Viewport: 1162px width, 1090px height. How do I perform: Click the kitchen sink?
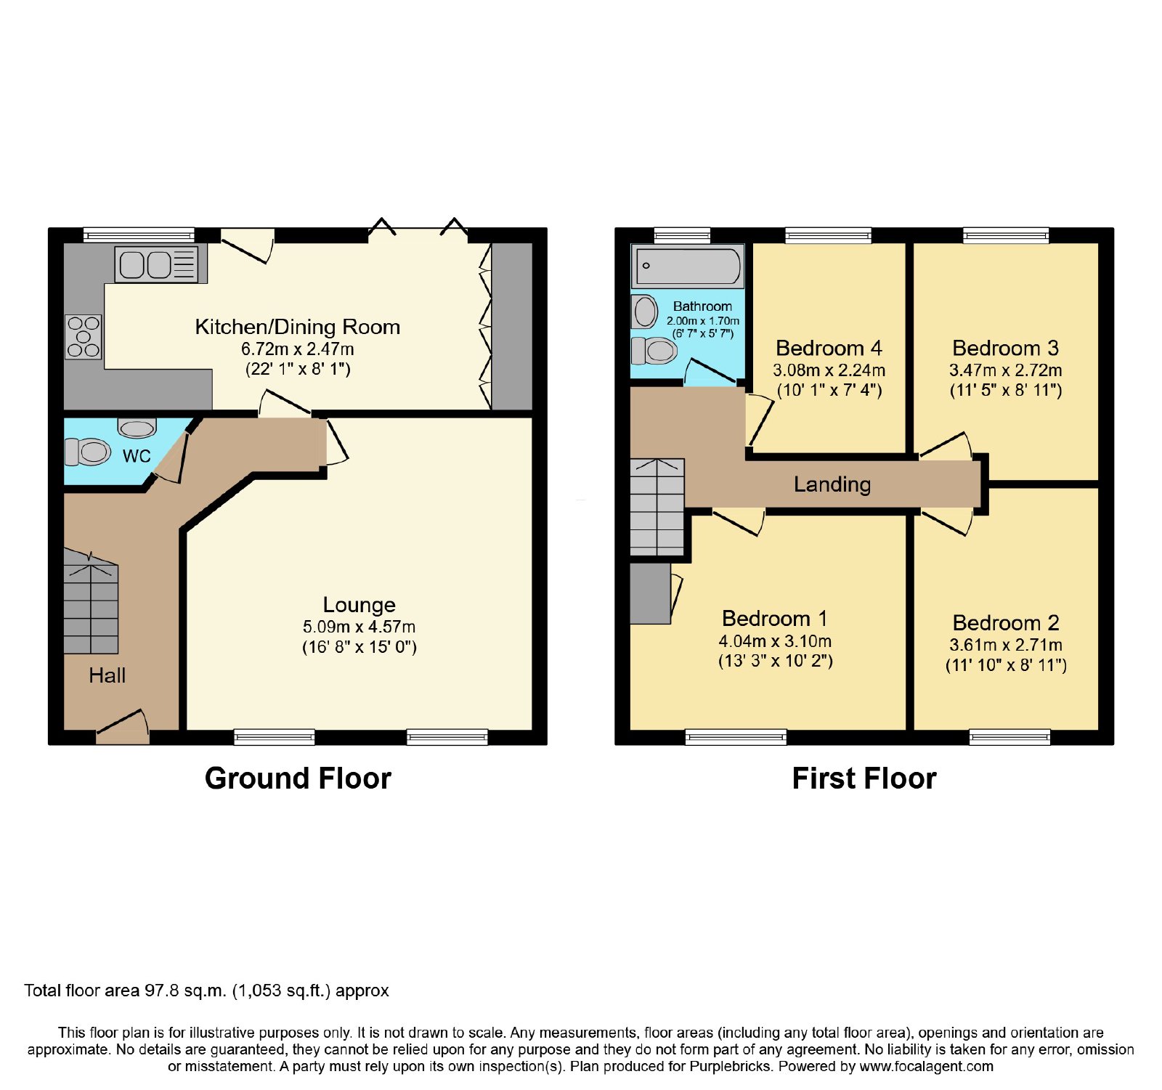156,265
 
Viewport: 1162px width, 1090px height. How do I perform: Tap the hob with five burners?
84,337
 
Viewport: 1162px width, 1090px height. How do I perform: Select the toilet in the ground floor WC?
87,452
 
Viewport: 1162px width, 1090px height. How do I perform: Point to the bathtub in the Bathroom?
688,266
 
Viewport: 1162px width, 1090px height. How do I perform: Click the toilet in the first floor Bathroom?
654,351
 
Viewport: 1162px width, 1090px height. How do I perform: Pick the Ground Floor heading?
298,778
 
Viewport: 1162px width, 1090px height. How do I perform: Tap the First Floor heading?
864,778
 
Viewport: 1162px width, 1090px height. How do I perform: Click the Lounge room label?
359,605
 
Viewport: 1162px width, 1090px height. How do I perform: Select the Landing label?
832,484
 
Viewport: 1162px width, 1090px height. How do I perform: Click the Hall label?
107,676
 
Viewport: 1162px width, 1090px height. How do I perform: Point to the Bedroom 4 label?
829,349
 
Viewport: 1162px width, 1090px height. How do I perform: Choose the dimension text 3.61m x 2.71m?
1006,645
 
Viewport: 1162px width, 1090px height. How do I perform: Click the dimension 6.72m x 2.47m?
298,349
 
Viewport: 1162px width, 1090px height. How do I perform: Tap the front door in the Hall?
123,727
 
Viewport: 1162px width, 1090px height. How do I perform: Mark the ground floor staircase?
91,601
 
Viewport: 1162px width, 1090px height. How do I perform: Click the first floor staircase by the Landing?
657,507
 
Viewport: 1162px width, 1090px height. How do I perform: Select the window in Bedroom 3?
1007,235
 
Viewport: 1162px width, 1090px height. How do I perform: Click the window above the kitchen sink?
139,235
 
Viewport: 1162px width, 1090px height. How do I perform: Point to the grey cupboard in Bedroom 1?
650,593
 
